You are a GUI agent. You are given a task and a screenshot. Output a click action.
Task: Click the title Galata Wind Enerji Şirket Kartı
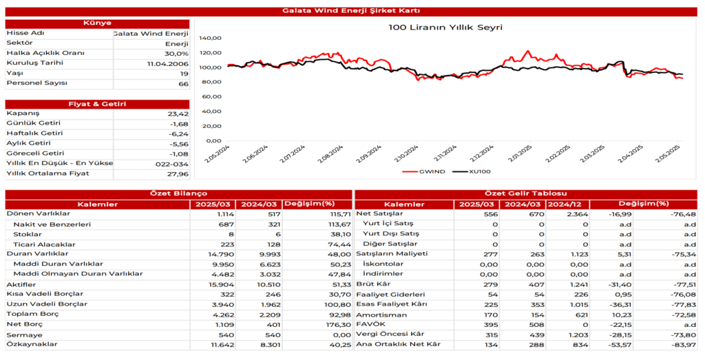(x=352, y=10)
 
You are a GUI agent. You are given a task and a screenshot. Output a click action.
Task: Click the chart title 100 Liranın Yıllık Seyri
(x=445, y=28)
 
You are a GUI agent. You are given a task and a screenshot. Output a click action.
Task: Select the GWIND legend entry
(x=428, y=171)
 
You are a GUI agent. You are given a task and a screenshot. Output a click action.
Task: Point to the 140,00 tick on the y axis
(x=210, y=38)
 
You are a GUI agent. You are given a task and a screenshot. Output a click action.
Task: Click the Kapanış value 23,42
(x=177, y=114)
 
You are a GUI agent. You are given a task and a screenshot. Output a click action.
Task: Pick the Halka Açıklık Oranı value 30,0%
(x=176, y=54)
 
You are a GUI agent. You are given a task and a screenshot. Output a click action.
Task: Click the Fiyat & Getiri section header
(x=97, y=104)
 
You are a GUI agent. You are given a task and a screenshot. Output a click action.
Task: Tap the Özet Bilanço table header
(x=178, y=194)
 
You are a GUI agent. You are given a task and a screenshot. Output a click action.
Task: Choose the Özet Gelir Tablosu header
(x=526, y=194)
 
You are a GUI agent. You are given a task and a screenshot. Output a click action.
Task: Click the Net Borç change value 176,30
(x=337, y=324)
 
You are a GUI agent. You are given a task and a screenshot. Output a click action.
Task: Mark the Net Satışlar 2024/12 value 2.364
(x=575, y=214)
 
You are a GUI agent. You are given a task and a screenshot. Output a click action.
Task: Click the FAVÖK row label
(x=370, y=324)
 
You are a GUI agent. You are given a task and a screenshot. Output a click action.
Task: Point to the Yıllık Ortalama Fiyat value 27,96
(x=177, y=174)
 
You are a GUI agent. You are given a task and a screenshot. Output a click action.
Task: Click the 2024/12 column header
(x=568, y=204)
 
